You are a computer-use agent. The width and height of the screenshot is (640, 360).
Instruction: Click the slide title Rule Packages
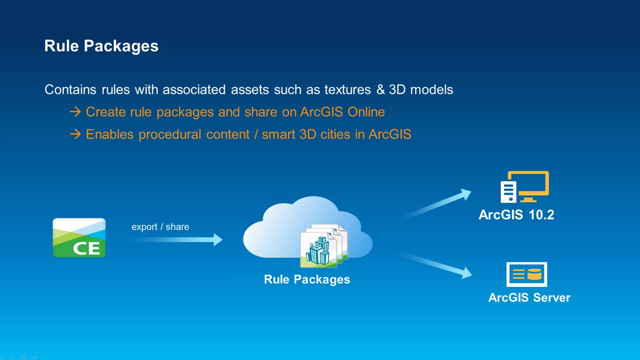(101, 46)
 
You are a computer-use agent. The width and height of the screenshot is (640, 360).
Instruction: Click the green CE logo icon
(79, 238)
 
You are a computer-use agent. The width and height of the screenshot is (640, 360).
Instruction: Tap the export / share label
(160, 227)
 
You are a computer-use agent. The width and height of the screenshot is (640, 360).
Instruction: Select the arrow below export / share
(176, 239)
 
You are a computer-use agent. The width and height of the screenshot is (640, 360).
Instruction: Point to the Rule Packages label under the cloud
(307, 280)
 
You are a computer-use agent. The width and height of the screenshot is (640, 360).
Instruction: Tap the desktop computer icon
(524, 187)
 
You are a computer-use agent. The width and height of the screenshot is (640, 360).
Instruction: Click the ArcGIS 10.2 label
(516, 215)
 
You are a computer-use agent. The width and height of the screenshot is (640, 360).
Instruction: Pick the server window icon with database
(526, 274)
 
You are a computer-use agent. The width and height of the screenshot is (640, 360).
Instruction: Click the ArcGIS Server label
(529, 298)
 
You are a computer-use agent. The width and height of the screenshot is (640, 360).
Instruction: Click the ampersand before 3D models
(380, 90)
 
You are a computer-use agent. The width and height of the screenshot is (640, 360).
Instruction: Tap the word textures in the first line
(347, 90)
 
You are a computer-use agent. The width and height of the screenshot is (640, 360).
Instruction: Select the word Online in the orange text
(366, 112)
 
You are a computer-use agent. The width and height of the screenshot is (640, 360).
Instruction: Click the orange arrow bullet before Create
(75, 112)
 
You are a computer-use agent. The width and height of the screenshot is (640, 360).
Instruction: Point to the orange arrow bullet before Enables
(75, 134)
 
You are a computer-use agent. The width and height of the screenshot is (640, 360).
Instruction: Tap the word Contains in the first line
(70, 90)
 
